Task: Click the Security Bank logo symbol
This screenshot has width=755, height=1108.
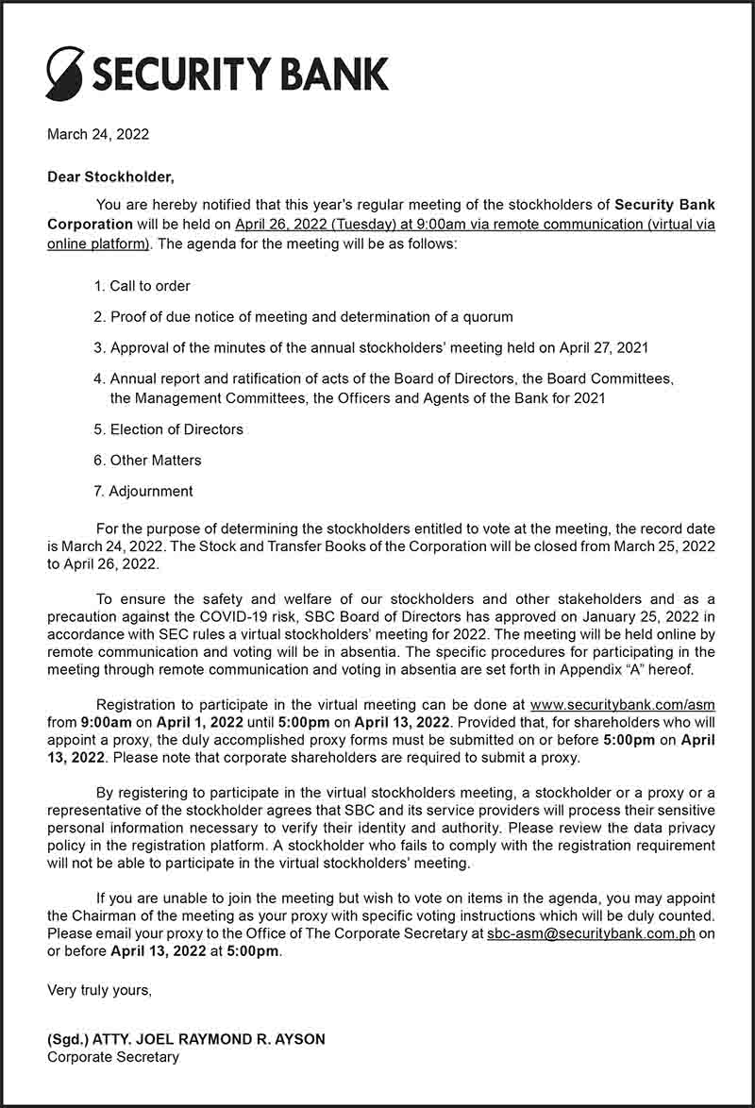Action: click(x=65, y=73)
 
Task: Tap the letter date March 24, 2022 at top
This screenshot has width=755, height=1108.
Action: click(x=98, y=135)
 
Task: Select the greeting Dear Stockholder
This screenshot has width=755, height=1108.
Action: click(x=111, y=176)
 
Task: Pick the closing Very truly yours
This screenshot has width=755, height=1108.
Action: click(x=99, y=990)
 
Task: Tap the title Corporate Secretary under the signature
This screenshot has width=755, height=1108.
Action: click(x=113, y=1057)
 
